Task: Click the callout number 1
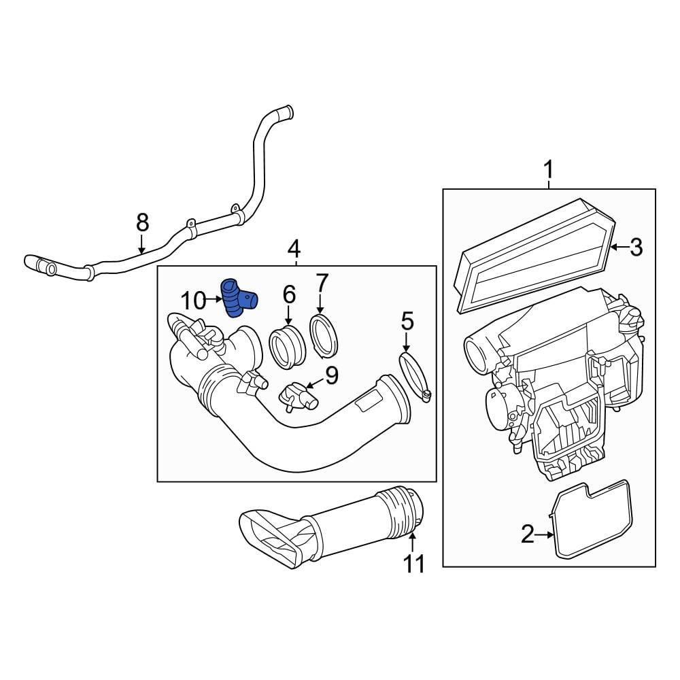coord(549,170)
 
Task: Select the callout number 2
coord(528,535)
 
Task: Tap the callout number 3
coord(636,248)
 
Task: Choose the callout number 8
coord(141,222)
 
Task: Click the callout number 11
coord(414,564)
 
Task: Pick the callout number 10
coord(192,300)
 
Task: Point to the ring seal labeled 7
coord(324,335)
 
